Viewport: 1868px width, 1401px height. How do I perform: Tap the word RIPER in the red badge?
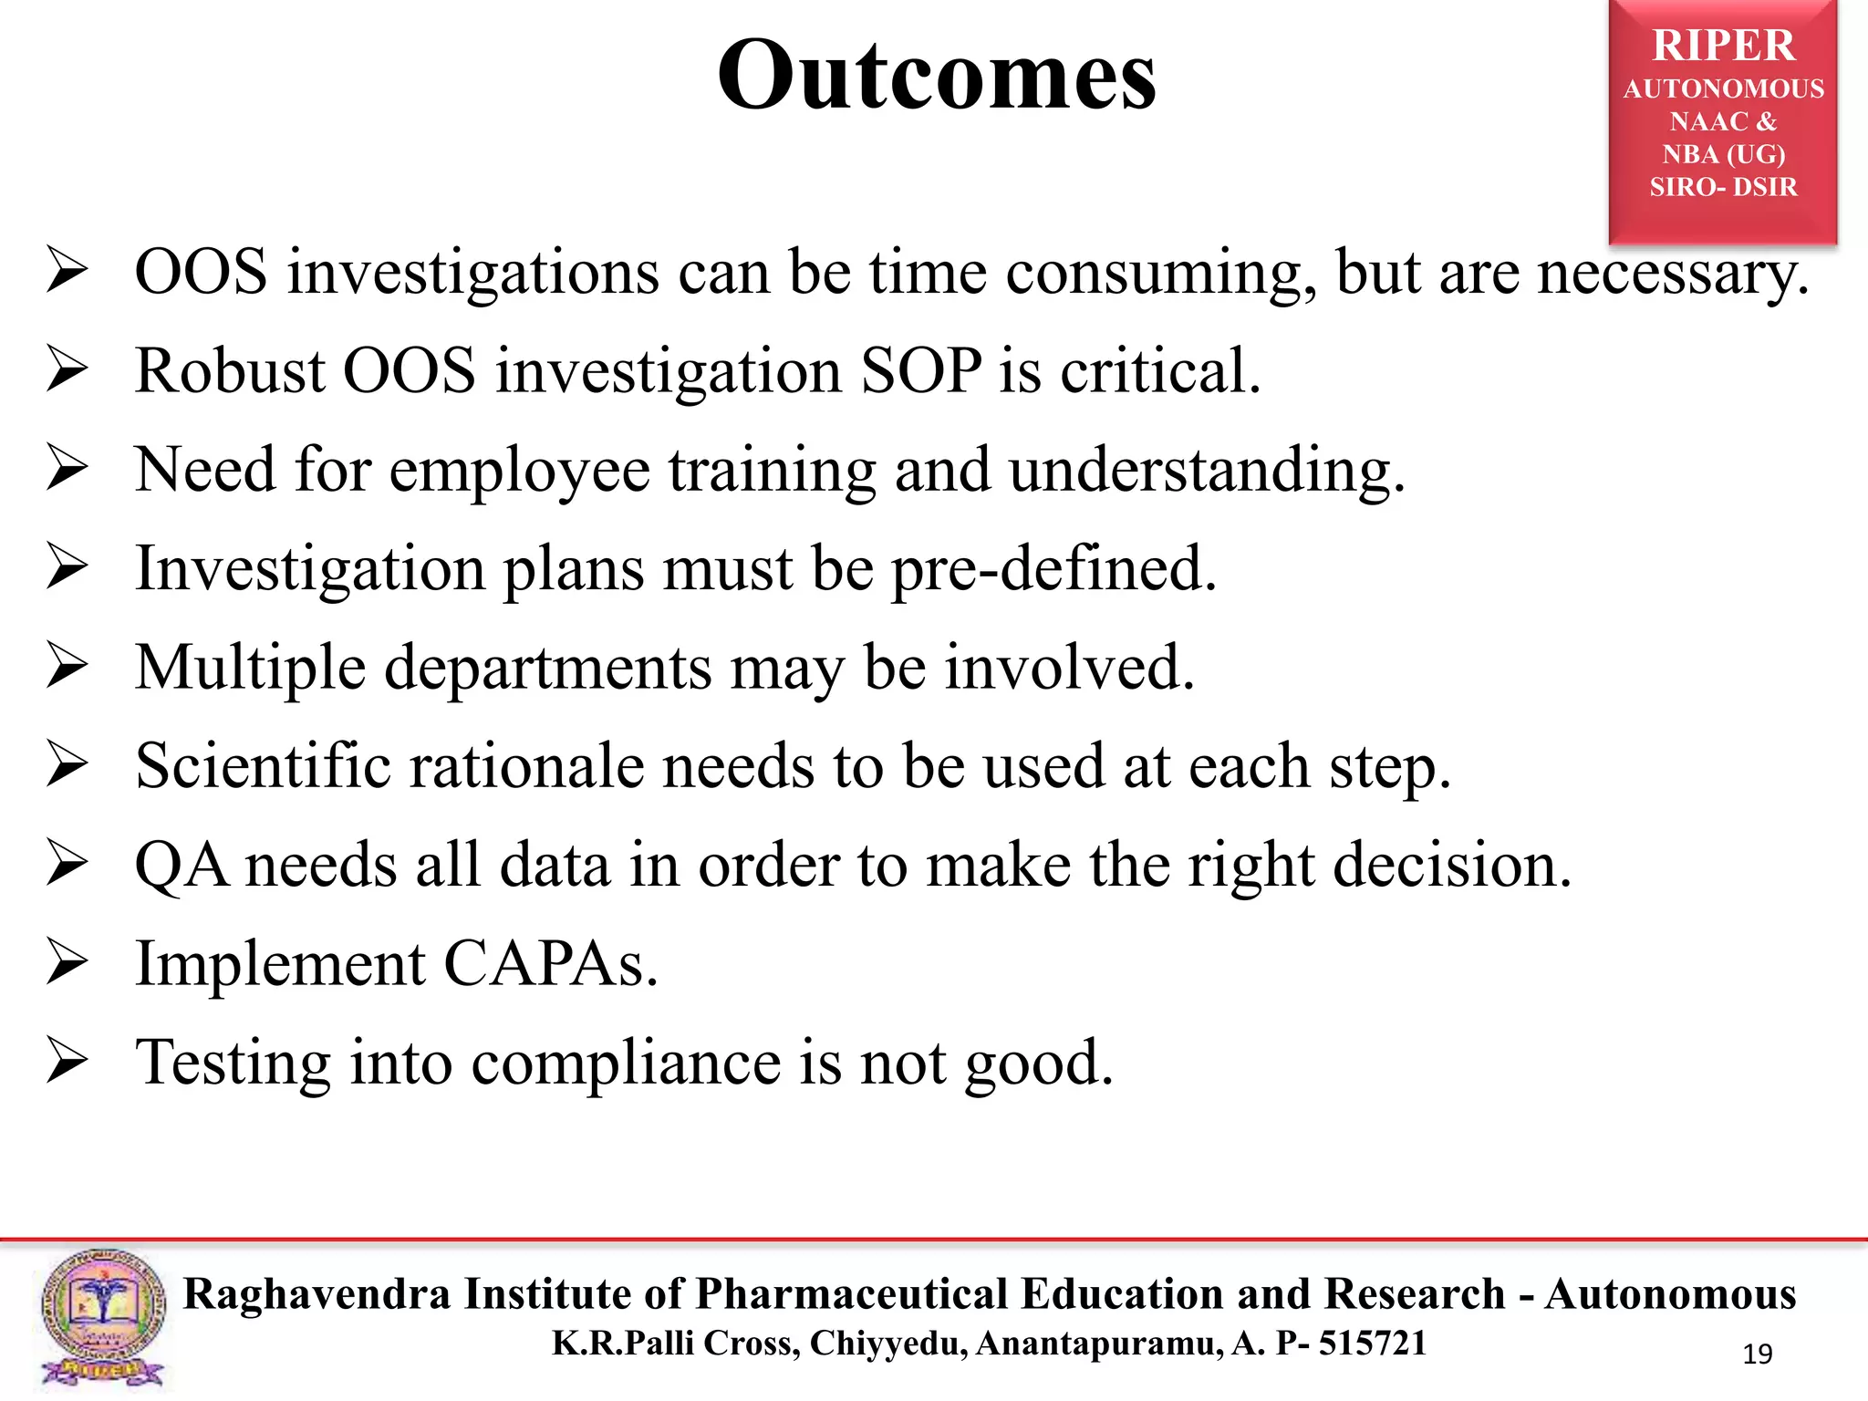pos(1723,46)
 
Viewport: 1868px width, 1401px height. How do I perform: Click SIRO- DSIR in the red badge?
pos(1723,187)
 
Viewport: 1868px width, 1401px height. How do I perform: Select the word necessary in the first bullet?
pos(1671,274)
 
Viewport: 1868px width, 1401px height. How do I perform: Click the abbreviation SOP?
pos(921,371)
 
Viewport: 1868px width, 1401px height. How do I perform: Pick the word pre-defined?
pos(1053,569)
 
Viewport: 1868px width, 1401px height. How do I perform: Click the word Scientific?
pos(263,765)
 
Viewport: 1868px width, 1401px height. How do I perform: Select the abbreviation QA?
pos(181,866)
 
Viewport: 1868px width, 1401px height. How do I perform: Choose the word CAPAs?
pos(550,964)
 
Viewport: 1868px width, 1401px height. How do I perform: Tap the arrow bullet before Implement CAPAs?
pos(67,964)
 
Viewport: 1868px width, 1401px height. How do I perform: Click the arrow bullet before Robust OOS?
pos(67,371)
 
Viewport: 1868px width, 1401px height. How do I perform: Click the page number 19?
pos(1757,1354)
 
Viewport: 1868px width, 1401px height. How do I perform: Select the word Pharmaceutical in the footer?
pos(852,1294)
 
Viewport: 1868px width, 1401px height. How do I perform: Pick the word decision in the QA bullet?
pos(1451,866)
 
